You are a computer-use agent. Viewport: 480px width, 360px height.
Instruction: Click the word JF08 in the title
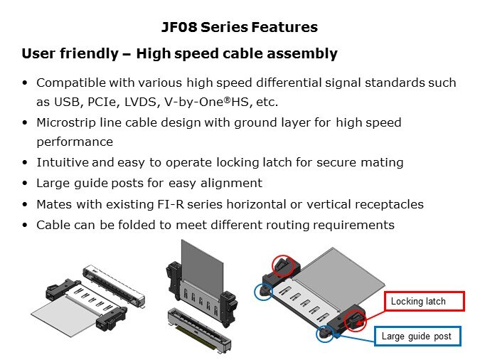(179, 27)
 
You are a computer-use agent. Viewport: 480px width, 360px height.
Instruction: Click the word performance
(75, 142)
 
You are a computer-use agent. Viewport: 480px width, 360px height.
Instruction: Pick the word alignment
(231, 184)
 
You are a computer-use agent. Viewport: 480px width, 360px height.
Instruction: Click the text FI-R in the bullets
(171, 204)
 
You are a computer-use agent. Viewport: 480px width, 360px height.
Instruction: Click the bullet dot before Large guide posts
(25, 184)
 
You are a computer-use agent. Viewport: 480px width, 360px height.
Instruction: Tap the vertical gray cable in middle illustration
(202, 263)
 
